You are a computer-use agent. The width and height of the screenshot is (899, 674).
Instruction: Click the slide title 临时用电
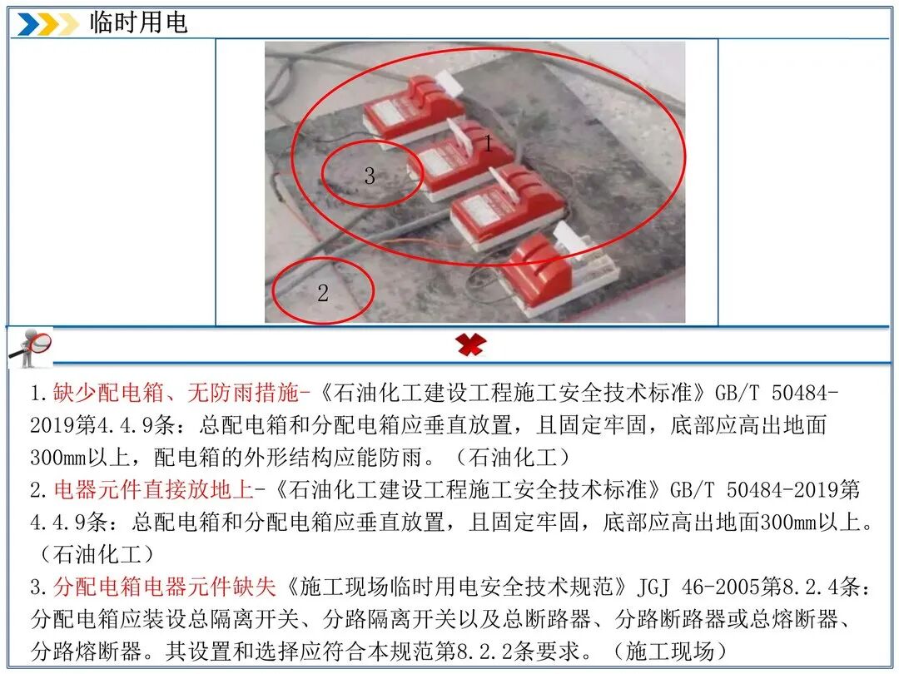(x=138, y=23)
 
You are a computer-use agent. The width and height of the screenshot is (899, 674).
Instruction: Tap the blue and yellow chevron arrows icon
(x=47, y=24)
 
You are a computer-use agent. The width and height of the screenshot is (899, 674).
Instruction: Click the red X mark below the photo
(x=470, y=345)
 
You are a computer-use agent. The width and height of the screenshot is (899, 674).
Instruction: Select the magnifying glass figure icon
(x=30, y=347)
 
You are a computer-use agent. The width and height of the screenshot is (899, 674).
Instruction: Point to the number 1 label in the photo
(x=488, y=143)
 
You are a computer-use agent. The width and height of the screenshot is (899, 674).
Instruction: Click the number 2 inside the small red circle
(x=323, y=293)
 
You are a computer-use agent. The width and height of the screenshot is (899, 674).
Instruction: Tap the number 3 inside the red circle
(x=370, y=176)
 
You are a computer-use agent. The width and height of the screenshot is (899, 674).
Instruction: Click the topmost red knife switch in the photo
(x=414, y=108)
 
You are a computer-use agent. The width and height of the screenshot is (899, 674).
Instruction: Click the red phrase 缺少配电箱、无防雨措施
(x=176, y=393)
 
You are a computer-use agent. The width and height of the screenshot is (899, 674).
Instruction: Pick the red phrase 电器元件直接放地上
(x=154, y=490)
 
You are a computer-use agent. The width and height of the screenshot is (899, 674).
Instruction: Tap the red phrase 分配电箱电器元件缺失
(x=165, y=587)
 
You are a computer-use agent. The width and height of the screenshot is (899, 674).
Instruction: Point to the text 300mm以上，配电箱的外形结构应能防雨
(x=232, y=458)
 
